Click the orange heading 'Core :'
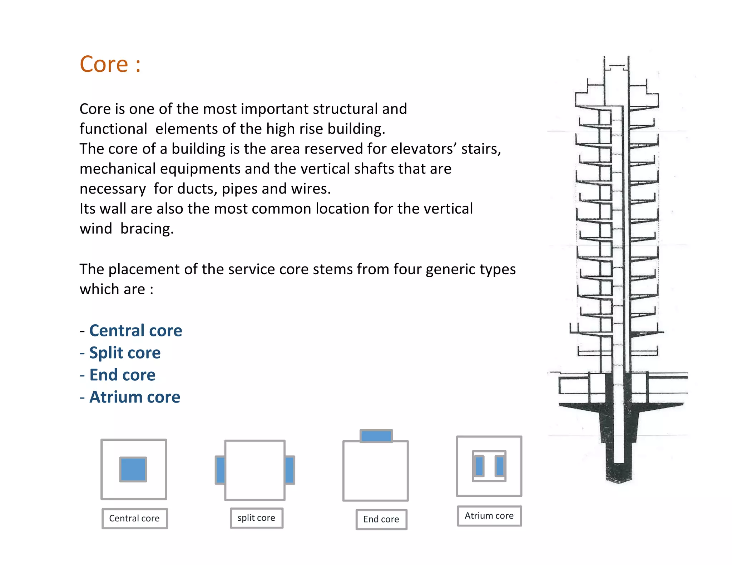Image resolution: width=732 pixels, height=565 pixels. point(110,65)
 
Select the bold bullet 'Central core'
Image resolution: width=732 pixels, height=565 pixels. point(135,331)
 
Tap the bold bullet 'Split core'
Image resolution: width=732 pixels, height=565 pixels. point(125,353)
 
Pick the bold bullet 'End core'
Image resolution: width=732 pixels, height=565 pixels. point(122,375)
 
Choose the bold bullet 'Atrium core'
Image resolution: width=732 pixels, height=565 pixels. point(135,397)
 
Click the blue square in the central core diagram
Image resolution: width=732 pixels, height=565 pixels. point(133,469)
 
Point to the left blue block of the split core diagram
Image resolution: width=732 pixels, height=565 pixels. point(221,470)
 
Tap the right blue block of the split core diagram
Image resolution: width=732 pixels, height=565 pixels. point(290,470)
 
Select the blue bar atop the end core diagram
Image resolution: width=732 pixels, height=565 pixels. point(376,436)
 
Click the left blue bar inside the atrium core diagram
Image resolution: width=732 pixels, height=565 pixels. point(479,466)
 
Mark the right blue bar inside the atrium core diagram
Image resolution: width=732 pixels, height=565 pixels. point(500,466)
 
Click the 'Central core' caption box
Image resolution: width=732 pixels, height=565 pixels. point(134,519)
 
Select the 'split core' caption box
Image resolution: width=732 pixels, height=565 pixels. point(256,518)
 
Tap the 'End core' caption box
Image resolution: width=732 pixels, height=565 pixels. point(381,519)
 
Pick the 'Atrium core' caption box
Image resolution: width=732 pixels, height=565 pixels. point(489,516)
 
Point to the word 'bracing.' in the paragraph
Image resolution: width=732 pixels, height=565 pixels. point(147,229)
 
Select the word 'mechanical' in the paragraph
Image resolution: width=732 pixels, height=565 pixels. point(117,169)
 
